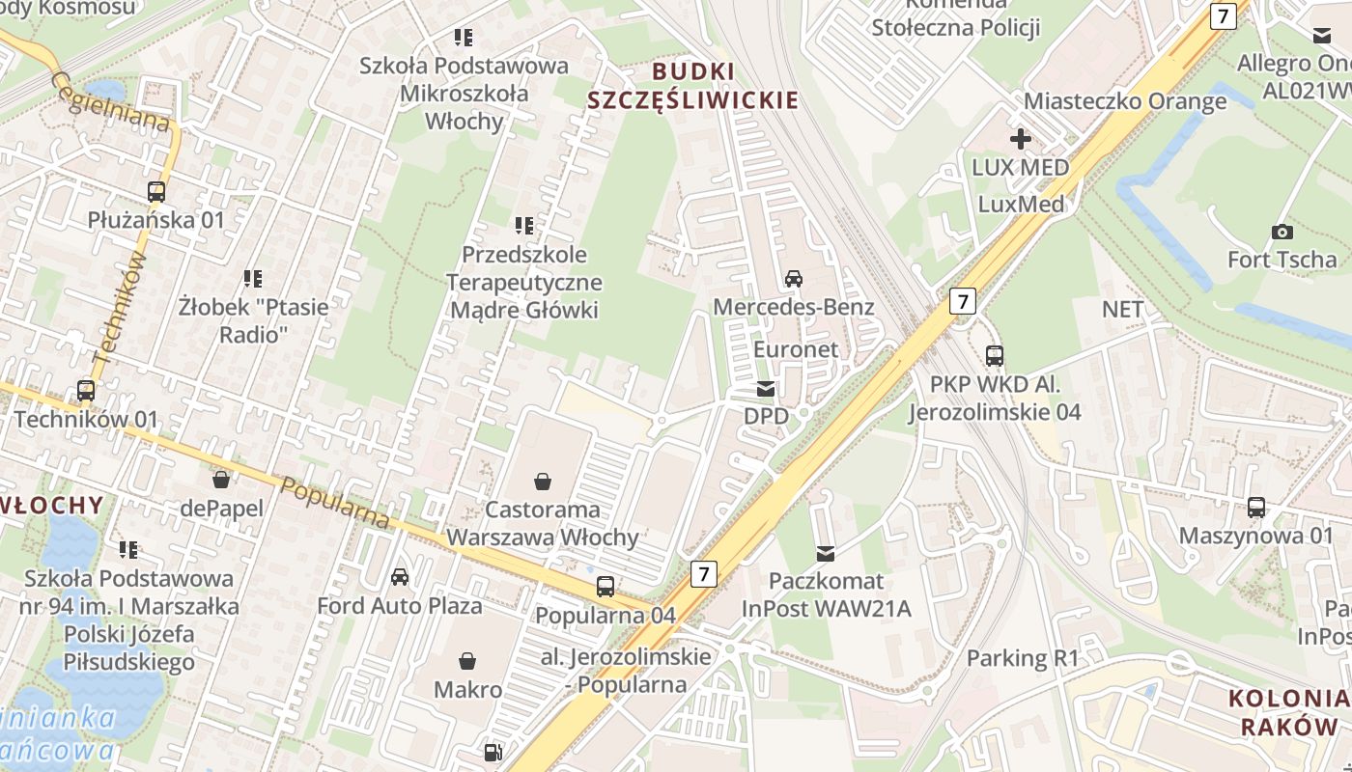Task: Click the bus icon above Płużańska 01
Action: point(156,191)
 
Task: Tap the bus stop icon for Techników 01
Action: point(86,391)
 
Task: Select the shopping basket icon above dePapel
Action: point(221,480)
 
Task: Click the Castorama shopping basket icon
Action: point(543,481)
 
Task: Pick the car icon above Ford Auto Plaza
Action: point(399,577)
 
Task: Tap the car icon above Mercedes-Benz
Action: point(793,279)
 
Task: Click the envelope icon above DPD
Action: point(766,389)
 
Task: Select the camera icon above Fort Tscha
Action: point(1282,232)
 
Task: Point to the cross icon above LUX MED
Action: point(1020,139)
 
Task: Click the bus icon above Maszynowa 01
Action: point(1255,507)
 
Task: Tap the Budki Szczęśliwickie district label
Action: point(693,86)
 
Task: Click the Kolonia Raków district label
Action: point(1288,712)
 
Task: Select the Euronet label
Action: point(796,349)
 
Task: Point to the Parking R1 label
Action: point(1022,659)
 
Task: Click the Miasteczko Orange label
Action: point(1125,101)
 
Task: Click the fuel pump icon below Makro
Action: point(493,752)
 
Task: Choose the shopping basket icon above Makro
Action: point(467,661)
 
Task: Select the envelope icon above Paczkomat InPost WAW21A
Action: point(825,553)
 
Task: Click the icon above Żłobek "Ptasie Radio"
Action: point(253,279)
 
